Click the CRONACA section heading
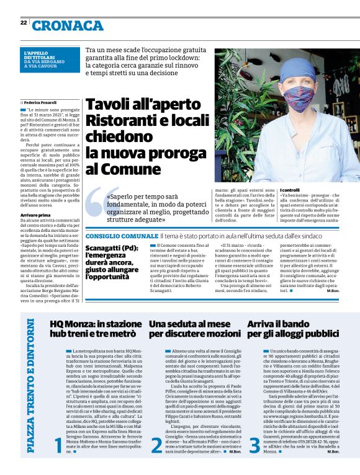click(68, 25)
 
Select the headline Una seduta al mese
click(194, 329)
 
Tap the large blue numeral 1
click(60, 461)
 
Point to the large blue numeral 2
click(158, 461)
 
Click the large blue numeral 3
click(254, 461)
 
